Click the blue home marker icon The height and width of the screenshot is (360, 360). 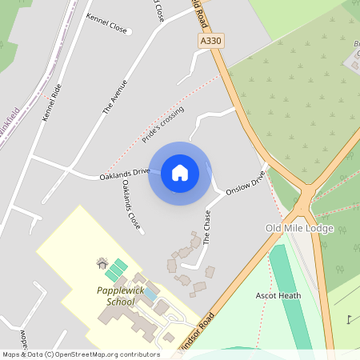pos(179,173)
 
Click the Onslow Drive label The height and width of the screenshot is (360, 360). pos(245,183)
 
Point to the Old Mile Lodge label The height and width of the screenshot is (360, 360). pos(299,228)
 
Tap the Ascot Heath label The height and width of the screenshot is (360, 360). pos(278,295)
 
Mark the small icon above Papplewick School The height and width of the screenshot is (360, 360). pos(102,262)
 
